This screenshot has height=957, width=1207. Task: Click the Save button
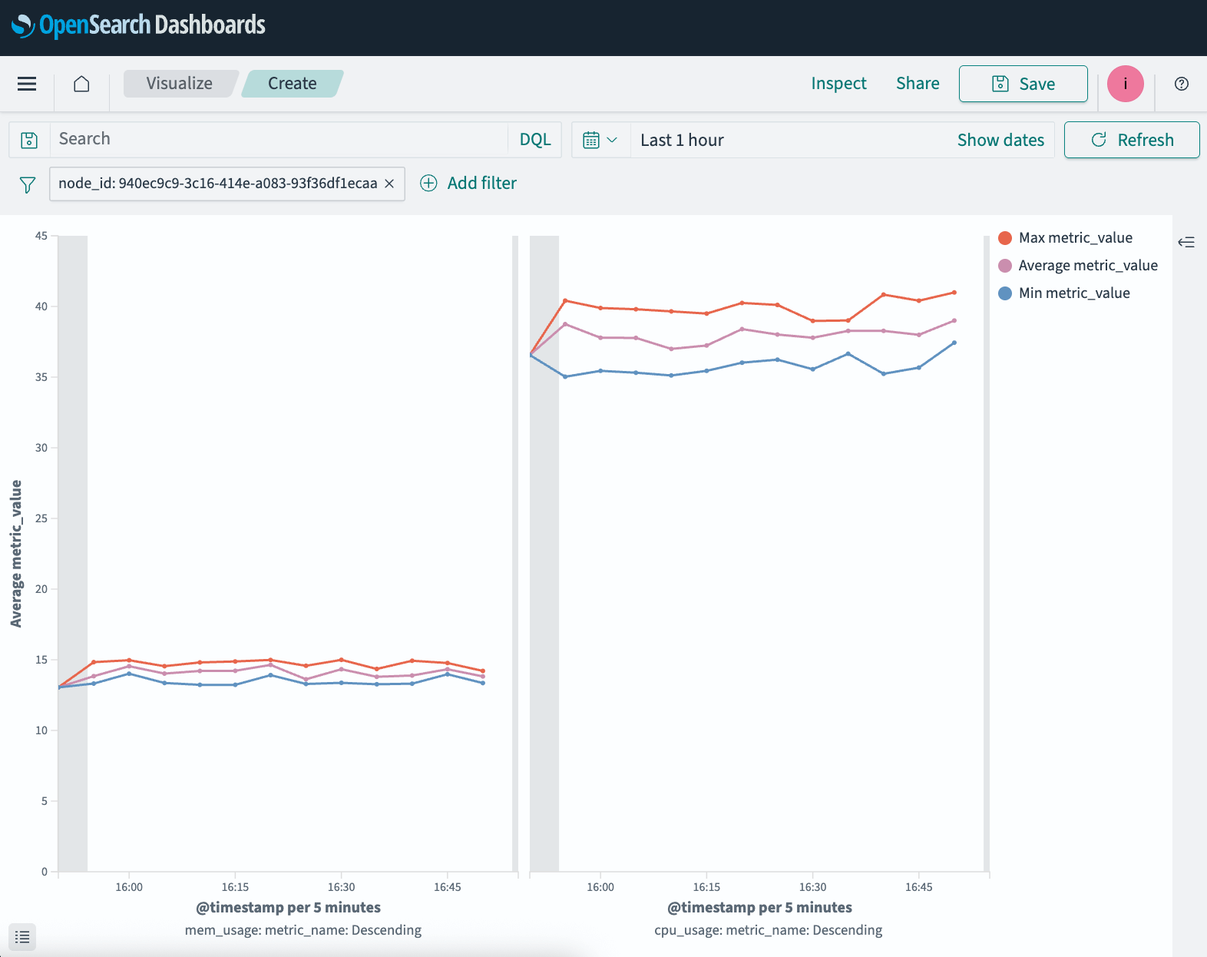(1023, 84)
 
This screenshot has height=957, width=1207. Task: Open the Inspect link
(838, 84)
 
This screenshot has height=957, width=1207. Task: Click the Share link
(918, 84)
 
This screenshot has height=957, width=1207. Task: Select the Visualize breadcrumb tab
(180, 84)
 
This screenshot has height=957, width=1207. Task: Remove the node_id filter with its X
(389, 184)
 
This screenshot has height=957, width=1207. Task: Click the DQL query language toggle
(535, 140)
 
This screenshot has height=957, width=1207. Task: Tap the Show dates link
(1000, 140)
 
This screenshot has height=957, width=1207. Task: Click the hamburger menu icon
(27, 84)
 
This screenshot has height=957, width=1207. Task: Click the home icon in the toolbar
(81, 84)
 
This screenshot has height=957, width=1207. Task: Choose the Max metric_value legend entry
(1075, 238)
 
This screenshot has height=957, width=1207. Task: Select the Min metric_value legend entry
(1073, 293)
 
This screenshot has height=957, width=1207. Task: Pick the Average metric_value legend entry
(1087, 266)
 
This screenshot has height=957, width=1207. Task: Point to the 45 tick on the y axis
(41, 236)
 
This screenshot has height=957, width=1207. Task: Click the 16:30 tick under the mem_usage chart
(341, 887)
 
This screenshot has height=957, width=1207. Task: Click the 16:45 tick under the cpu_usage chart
(918, 887)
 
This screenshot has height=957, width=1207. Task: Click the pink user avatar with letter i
(1125, 84)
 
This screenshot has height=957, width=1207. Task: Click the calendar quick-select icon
(600, 140)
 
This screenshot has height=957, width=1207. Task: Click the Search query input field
(276, 140)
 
